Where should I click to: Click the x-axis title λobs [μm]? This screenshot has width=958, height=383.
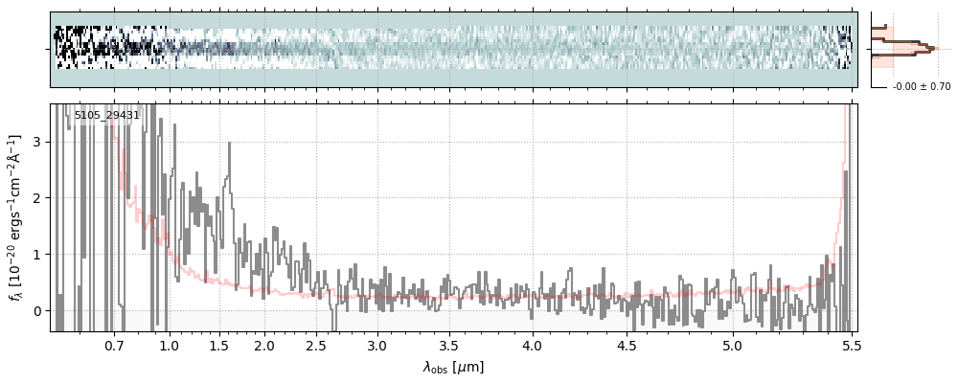(x=453, y=366)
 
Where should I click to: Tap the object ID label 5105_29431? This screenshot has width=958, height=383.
(x=107, y=115)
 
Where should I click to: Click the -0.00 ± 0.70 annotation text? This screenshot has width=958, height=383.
(x=921, y=87)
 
